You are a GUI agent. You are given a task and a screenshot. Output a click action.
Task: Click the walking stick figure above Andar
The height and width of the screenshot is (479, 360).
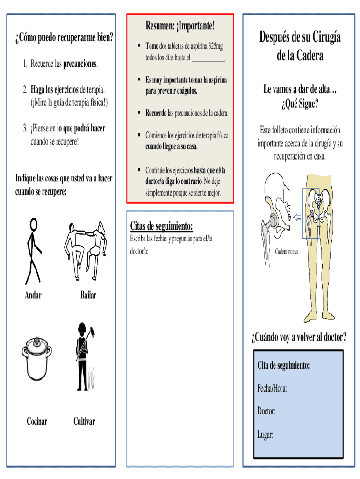[x=33, y=251]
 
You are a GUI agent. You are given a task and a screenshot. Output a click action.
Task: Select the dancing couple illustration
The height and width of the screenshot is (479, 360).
[x=86, y=251]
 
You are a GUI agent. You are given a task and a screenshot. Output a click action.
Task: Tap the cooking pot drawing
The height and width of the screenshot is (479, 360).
[x=36, y=358]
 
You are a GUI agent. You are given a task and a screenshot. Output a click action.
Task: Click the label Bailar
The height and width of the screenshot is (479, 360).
[x=88, y=295]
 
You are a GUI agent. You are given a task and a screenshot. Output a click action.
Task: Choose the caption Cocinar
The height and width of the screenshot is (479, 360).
[x=37, y=421]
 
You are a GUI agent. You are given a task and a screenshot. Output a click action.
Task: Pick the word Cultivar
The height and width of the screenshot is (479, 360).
[x=84, y=421]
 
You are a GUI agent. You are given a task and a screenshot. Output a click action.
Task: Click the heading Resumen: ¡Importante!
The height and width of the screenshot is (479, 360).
[x=180, y=26]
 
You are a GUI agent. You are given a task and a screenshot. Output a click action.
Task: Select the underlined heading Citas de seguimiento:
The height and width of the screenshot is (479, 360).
[x=161, y=226]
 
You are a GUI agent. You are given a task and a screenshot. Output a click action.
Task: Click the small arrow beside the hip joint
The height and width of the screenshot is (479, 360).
[x=297, y=217]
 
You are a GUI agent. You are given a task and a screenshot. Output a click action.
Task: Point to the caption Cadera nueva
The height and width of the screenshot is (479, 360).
[x=287, y=252]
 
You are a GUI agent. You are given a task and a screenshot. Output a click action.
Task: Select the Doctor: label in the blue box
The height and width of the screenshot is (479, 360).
[x=266, y=411]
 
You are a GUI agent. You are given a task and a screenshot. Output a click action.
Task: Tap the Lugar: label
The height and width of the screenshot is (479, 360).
[x=265, y=435]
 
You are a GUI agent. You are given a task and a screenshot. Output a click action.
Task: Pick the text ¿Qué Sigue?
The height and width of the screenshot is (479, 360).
[x=300, y=104]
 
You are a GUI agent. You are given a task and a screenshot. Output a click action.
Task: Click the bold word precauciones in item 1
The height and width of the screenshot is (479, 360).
[x=80, y=64]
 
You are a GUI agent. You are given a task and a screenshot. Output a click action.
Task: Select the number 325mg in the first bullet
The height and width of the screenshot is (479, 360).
[x=216, y=46]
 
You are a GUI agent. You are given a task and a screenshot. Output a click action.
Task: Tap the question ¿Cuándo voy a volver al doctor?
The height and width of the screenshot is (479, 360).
[x=299, y=337]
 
